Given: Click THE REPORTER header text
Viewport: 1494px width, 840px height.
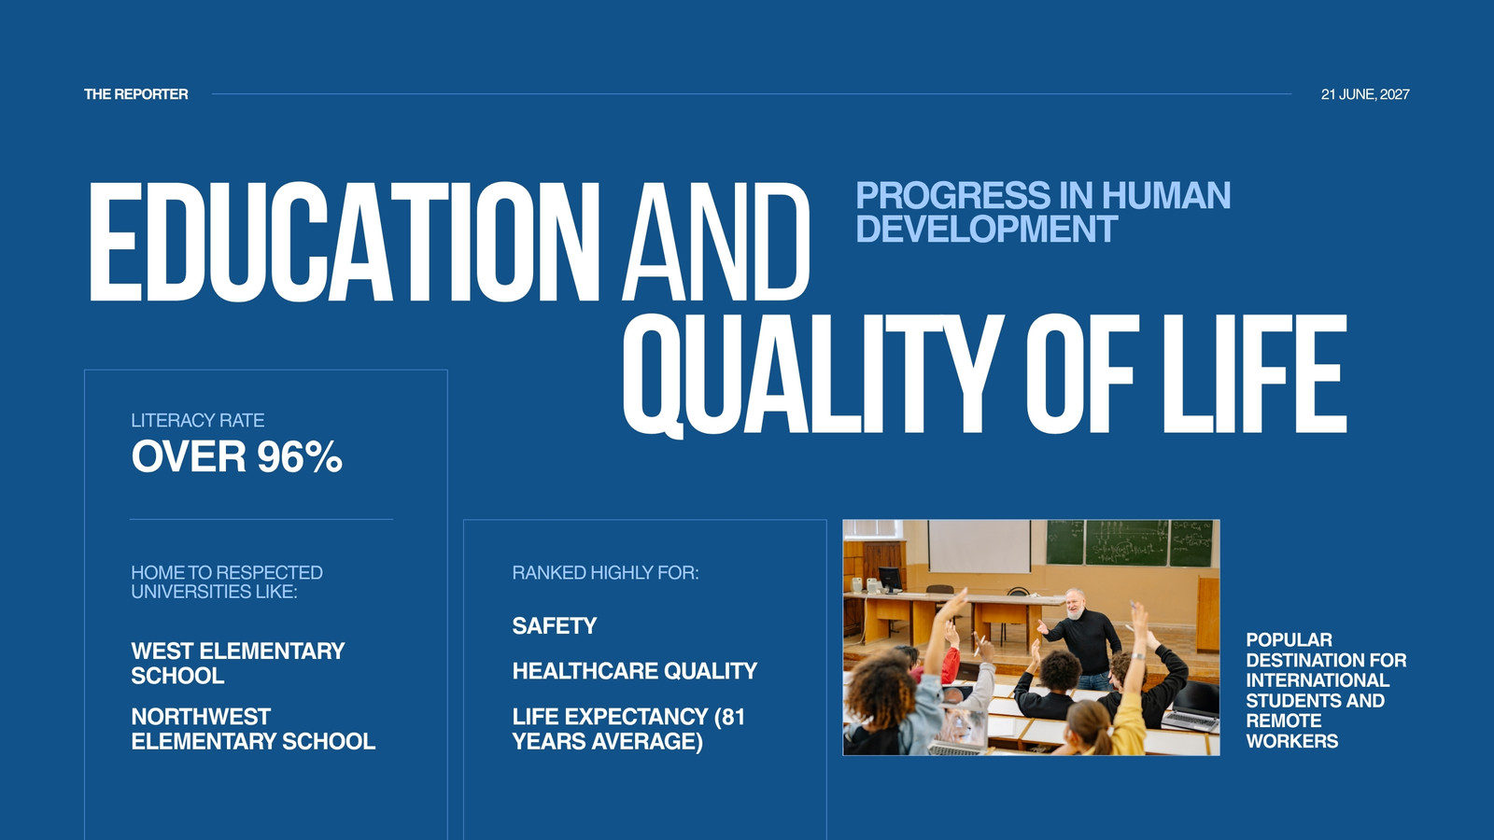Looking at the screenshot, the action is pos(136,94).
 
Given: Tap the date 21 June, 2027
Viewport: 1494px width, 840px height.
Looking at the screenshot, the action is pos(1365,94).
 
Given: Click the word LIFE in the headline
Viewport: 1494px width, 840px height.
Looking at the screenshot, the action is pos(1255,374).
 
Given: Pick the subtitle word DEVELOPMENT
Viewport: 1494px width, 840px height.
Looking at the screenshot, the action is pos(986,229).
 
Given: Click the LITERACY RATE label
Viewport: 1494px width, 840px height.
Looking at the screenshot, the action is pos(197,421).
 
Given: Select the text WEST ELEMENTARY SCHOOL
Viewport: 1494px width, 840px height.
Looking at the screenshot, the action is pos(237,664).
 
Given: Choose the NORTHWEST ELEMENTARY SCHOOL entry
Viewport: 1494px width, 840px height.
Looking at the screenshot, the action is pos(253,729).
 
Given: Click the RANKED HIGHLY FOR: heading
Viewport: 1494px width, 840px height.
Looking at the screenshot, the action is pos(606,573).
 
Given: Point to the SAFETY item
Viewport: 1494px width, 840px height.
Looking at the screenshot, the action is pos(555,626).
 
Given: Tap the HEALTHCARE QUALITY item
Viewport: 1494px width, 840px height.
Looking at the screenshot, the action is pos(635,671).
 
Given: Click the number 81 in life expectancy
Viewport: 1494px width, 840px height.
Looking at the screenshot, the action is pos(733,717).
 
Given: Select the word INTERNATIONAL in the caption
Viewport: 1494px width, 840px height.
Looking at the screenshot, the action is pos(1318,680).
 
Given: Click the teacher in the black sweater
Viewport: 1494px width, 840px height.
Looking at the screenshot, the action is pos(1083,638).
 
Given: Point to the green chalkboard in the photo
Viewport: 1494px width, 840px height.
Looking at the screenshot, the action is pos(1129,542).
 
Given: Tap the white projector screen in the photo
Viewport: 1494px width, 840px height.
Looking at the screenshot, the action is pos(980,547).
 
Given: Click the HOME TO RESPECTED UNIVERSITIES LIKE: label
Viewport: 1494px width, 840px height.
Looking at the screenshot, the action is pos(227,582).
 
